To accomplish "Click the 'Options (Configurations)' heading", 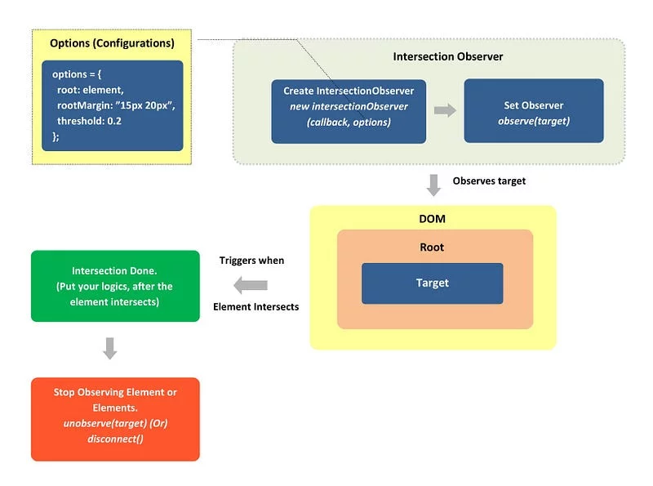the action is [x=112, y=43].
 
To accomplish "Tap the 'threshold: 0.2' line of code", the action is [x=89, y=121].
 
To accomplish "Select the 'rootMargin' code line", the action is [x=116, y=105].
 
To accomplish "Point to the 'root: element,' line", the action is [x=91, y=90].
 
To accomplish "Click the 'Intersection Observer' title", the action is [x=448, y=56].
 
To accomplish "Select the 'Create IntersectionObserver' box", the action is [x=349, y=112].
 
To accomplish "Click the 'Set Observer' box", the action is [x=534, y=111].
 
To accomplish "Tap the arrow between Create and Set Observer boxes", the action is [x=445, y=110].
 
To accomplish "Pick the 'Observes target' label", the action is [x=489, y=181].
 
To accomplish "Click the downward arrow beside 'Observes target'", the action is [x=433, y=185].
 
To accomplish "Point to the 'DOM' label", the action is [x=433, y=219].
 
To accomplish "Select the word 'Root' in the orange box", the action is [x=432, y=247].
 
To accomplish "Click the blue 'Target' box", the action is [x=433, y=283].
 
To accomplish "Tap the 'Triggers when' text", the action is [x=251, y=261].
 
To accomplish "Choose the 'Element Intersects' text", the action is [x=255, y=307].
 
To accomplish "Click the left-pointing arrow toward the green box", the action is [x=251, y=286].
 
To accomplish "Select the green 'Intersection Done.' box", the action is [x=115, y=286].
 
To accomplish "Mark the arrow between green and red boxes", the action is [x=110, y=349].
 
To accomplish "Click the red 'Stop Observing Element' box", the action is [x=115, y=419].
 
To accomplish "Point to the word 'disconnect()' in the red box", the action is [x=115, y=439].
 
